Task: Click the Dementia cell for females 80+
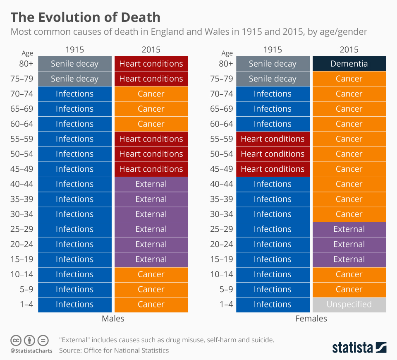(x=349, y=64)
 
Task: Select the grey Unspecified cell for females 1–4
(x=349, y=305)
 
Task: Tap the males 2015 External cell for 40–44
(x=151, y=184)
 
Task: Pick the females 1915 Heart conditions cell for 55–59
(x=273, y=139)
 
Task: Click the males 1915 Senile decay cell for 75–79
(x=74, y=79)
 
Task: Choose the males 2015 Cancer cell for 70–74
(x=151, y=94)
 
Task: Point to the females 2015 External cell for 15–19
(x=349, y=259)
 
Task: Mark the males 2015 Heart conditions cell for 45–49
(x=151, y=169)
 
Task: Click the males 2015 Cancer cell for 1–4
(x=151, y=305)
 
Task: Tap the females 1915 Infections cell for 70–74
(x=273, y=94)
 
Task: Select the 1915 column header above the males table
(x=74, y=50)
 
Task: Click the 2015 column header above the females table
(x=349, y=50)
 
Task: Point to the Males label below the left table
(x=113, y=319)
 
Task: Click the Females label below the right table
(x=311, y=319)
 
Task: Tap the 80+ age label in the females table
(x=226, y=64)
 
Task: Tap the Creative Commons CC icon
(x=16, y=341)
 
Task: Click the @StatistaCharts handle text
(x=31, y=351)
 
